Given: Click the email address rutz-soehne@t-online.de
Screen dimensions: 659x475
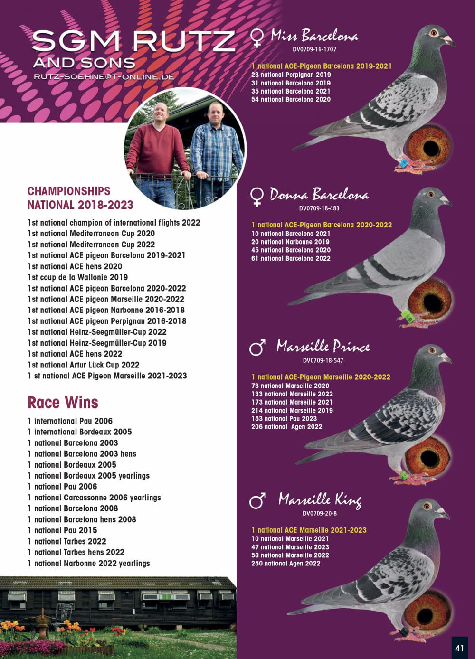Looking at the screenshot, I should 104,76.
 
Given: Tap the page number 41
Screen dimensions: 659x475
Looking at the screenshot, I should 459,648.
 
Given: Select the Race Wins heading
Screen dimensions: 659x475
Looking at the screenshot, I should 63,403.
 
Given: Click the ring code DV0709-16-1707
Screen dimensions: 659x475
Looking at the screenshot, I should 314,49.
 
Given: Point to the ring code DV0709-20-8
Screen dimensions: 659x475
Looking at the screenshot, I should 319,513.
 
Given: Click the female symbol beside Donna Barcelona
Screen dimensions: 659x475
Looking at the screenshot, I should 257,197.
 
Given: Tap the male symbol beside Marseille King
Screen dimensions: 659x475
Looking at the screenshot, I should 257,500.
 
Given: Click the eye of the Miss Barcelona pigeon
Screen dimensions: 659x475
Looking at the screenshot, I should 433,33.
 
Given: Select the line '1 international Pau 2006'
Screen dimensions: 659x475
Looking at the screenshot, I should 70,421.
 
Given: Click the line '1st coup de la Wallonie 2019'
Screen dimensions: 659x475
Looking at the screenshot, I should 77,277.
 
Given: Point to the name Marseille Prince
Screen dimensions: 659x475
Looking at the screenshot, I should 323,346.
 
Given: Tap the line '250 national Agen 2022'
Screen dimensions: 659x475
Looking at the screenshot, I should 286,564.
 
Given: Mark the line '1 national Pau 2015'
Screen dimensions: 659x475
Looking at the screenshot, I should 62,530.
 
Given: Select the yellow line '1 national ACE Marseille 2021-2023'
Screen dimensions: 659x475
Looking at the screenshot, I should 309,530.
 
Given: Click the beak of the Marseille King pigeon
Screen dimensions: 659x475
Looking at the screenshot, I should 446,515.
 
